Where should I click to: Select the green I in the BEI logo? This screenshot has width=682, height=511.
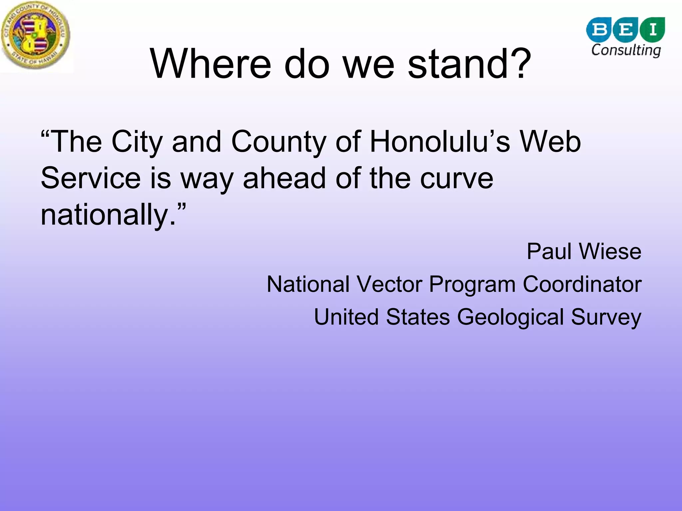coord(653,29)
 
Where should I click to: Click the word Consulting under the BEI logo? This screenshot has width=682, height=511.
coord(626,50)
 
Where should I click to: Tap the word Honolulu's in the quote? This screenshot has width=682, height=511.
coord(440,142)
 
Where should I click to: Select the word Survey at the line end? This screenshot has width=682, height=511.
coord(606,317)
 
